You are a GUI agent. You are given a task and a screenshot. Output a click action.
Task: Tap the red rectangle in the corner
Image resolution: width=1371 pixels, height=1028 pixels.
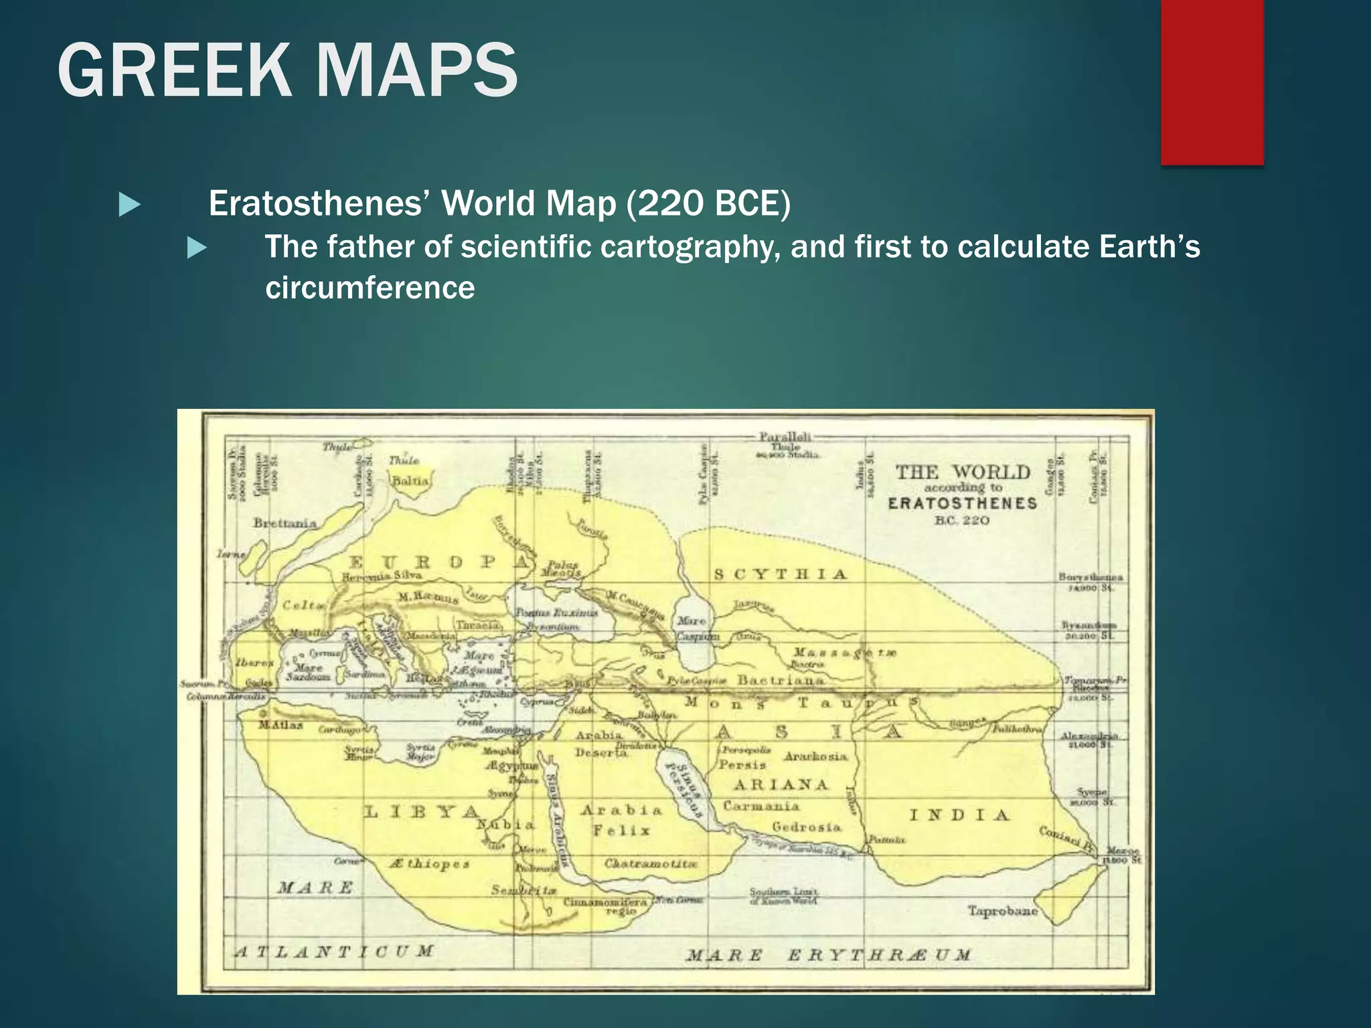1212,82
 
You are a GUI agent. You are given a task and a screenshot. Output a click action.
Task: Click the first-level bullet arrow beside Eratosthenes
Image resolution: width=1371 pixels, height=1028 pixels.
129,205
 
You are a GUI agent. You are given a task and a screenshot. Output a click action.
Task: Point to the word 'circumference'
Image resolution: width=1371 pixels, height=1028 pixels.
370,288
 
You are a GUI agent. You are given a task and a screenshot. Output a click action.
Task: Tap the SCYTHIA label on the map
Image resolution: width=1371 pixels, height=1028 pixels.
781,574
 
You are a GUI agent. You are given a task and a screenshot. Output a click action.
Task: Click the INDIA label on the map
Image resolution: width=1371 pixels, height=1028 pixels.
959,815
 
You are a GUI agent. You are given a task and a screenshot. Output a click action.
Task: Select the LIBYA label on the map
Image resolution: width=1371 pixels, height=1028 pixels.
422,812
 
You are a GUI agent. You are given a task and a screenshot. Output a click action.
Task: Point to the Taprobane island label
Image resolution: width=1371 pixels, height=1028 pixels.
1002,911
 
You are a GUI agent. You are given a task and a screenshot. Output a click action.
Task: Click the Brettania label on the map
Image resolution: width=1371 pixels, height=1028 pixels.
285,523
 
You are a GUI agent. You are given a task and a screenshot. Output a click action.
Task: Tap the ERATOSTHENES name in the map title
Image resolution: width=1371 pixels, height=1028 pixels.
962,503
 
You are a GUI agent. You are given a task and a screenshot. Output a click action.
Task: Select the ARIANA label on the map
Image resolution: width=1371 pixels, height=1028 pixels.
781,784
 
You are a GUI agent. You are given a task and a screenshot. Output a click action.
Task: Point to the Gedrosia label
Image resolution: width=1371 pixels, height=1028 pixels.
806,827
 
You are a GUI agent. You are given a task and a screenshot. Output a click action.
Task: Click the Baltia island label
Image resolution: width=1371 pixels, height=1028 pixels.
410,481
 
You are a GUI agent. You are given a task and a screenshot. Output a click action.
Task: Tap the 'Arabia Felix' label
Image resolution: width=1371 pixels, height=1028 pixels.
621,820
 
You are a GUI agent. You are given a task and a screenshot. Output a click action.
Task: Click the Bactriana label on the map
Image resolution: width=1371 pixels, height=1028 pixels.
781,680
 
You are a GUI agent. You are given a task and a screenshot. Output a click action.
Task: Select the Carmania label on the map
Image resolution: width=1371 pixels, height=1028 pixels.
761,806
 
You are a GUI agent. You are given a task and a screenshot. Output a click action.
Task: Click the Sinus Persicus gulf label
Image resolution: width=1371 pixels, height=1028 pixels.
684,790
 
